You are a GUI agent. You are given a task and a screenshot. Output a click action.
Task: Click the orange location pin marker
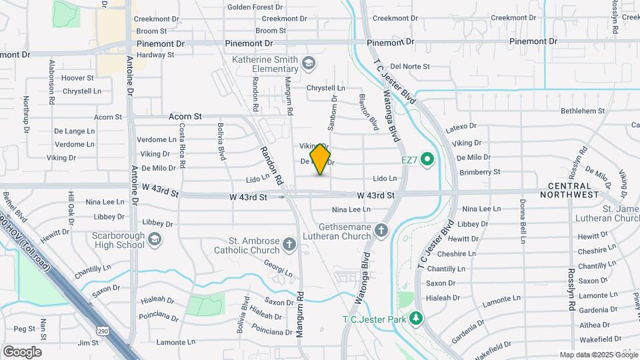tap(321, 159)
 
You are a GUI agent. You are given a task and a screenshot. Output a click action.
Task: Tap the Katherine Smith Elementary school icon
tap(308, 64)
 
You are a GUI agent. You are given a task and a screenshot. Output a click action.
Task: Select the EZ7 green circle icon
tap(428, 159)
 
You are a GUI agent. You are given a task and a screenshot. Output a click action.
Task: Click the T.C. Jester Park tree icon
tap(416, 318)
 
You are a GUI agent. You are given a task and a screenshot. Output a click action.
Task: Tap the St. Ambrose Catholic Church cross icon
tap(290, 243)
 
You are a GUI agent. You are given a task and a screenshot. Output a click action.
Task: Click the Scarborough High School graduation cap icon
tap(155, 239)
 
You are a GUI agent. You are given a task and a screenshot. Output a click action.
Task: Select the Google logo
tap(22, 351)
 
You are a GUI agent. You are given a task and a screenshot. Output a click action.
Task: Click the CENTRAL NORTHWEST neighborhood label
tap(573, 190)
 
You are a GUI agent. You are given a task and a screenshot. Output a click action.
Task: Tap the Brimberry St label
tap(479, 172)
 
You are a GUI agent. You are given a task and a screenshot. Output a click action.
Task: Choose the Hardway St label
tap(155, 55)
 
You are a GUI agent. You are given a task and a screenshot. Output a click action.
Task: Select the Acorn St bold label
tap(185, 117)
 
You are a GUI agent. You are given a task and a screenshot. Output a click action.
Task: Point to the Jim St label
tap(88, 343)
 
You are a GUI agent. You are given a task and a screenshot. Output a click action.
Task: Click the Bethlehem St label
tap(583, 111)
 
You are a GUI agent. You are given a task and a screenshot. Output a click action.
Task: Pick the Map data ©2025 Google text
tap(598, 355)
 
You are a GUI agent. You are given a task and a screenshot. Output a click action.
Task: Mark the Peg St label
tap(24, 329)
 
